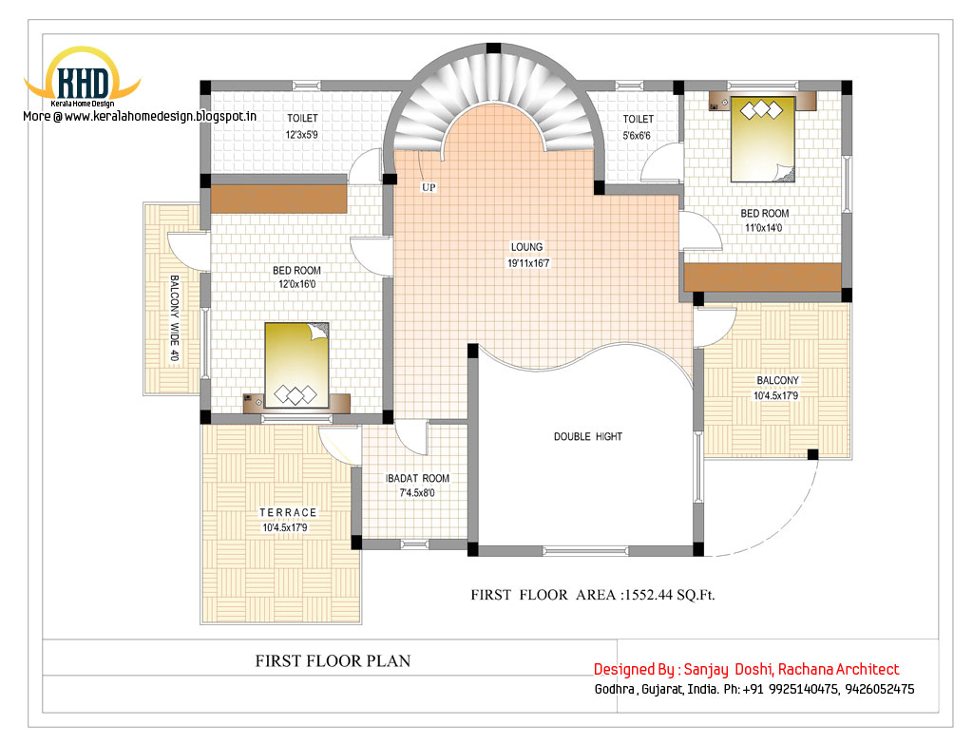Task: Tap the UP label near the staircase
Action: pos(429,188)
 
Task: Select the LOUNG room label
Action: pos(525,247)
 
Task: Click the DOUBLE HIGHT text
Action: pos(588,436)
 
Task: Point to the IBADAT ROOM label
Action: pos(417,479)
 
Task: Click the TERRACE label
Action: pos(288,512)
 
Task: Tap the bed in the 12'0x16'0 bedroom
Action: pos(296,363)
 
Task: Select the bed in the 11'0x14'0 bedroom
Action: pos(762,138)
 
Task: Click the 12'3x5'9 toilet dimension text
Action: pos(303,135)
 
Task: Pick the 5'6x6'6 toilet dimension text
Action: pos(638,135)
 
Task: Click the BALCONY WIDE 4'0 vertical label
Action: pos(175,318)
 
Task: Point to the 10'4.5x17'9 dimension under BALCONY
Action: pos(775,395)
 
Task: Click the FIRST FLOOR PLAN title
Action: pos(333,660)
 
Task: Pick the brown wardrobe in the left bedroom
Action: pos(278,199)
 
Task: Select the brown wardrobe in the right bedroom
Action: pos(762,277)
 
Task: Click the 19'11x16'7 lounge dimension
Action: pos(529,263)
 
